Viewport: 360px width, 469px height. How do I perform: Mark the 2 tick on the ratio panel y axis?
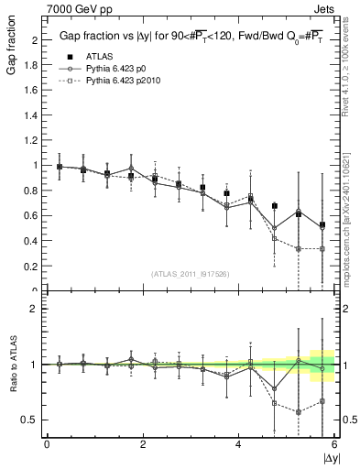35,309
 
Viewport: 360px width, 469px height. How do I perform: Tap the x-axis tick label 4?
239,444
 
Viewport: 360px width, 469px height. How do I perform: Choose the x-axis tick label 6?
334,444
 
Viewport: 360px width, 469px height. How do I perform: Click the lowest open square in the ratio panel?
299,412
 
